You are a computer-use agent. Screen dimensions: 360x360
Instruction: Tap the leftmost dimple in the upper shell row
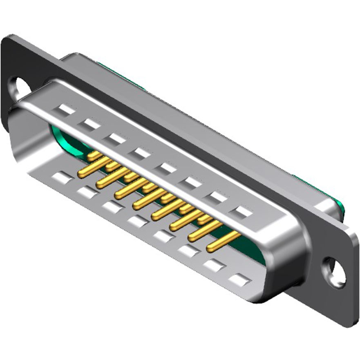tap(67, 109)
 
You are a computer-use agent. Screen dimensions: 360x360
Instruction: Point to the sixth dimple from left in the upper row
tap(193, 183)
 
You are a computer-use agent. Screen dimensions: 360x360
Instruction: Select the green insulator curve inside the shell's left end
tap(65, 141)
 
